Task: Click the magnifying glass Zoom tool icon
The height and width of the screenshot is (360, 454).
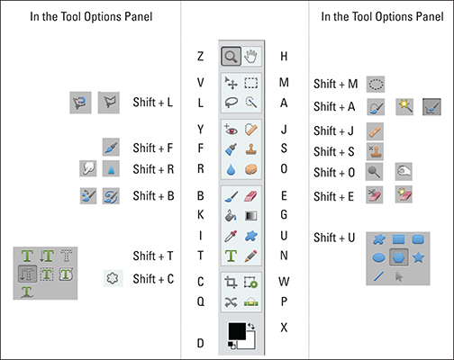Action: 231,56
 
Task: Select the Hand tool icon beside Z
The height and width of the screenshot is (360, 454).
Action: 251,57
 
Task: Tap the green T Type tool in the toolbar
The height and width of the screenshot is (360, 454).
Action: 231,256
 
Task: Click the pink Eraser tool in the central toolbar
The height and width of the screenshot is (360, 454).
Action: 250,196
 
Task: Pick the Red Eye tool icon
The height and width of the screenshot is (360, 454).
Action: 231,130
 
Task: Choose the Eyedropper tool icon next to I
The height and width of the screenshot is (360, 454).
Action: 231,236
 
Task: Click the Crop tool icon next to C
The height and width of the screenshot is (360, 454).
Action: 231,283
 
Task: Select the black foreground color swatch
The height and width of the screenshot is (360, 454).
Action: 237,331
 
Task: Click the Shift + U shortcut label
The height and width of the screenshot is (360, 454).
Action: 334,238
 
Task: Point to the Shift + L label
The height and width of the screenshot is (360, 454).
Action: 153,103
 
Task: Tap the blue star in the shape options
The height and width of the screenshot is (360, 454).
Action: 418,257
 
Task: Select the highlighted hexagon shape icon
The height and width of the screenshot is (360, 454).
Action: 399,257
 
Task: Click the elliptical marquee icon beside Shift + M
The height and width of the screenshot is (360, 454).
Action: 376,85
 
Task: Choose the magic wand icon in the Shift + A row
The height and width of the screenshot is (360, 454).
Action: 404,107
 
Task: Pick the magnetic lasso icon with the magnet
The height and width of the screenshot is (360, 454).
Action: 80,103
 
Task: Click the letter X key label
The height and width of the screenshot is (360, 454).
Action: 284,328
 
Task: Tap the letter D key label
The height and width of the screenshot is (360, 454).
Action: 200,343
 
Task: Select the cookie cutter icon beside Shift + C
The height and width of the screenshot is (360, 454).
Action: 113,278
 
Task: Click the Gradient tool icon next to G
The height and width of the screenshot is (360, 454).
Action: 250,216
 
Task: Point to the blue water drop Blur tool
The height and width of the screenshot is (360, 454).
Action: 231,169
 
